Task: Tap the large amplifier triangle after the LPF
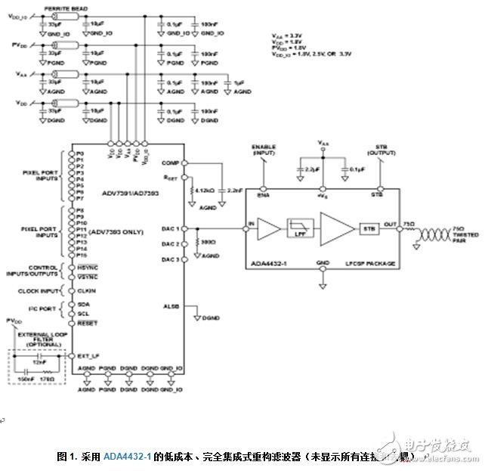coord(335,226)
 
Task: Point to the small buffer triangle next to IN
coord(268,226)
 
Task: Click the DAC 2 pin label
coord(170,243)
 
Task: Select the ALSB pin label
coord(171,306)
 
